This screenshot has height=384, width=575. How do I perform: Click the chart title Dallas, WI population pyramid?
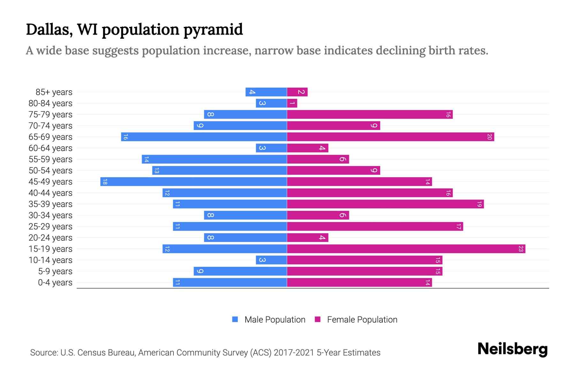[x=134, y=29]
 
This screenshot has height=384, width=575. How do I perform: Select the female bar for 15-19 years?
[x=406, y=249]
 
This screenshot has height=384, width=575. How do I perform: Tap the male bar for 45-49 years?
[x=194, y=182]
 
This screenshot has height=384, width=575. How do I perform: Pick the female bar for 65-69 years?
[x=390, y=137]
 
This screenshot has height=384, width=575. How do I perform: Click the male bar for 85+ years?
[x=266, y=92]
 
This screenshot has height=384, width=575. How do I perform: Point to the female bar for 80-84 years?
[x=292, y=103]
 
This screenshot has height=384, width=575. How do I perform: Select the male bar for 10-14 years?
[x=271, y=260]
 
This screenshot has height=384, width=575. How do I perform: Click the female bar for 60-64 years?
[x=307, y=148]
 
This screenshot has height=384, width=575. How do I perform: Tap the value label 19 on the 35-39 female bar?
[x=479, y=204]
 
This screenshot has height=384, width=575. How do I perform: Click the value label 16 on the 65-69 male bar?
[x=126, y=137]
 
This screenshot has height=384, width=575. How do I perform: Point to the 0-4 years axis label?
[x=55, y=283]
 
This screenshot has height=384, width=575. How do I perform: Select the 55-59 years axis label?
[x=50, y=159]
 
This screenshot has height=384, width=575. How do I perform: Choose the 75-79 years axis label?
[x=50, y=115]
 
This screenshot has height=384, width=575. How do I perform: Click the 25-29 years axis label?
[x=50, y=227]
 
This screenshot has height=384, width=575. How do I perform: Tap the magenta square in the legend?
[x=318, y=319]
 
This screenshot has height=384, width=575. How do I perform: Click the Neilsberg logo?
[x=512, y=349]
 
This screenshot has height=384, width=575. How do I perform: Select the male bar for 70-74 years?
[x=240, y=126]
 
